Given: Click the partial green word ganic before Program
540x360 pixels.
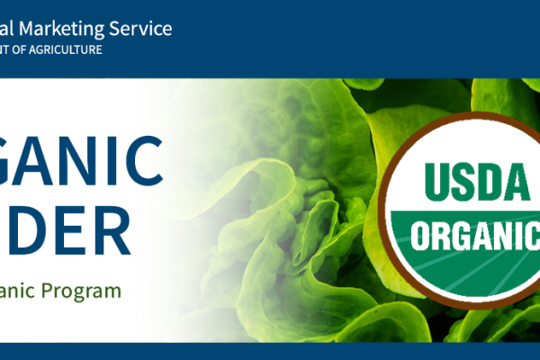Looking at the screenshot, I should coord(22,292).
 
